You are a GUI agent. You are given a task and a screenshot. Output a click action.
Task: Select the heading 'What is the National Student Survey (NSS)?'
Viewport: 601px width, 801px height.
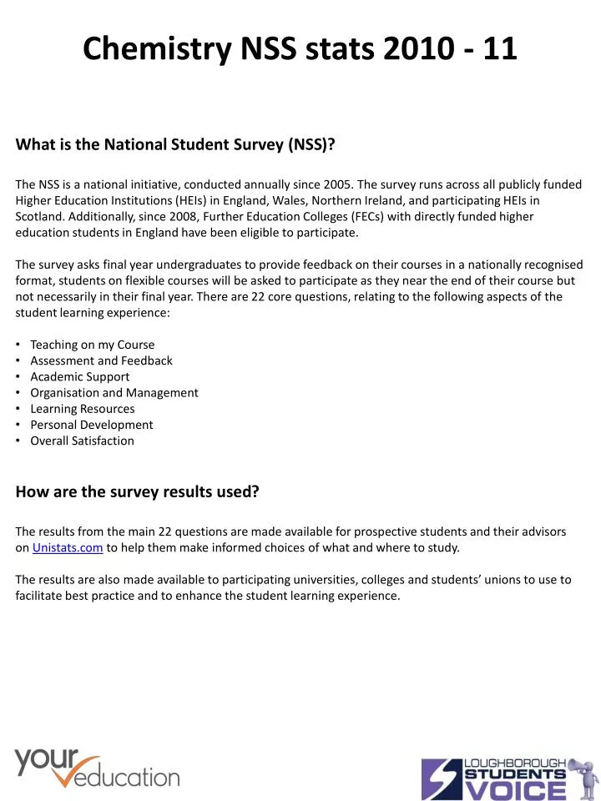(175, 144)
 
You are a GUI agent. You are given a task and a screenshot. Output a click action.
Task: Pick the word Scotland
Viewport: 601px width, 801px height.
(38, 216)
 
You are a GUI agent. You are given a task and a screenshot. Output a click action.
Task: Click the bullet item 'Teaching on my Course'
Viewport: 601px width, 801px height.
(92, 345)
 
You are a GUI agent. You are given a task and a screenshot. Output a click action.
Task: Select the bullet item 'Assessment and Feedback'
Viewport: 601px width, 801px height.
(101, 360)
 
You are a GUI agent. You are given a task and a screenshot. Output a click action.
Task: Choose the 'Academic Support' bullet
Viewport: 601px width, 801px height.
(79, 376)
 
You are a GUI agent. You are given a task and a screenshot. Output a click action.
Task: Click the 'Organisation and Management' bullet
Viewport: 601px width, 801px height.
(114, 392)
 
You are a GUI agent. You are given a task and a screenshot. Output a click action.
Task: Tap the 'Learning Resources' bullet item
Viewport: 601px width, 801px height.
(82, 409)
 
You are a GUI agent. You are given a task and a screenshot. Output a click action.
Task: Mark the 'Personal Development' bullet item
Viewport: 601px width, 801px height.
(92, 425)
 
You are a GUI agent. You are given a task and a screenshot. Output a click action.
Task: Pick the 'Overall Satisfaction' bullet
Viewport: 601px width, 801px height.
(82, 441)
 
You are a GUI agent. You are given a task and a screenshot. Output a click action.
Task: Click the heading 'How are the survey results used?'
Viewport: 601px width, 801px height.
(137, 492)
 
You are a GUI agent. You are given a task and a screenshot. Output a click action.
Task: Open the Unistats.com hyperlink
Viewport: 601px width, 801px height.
(68, 548)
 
